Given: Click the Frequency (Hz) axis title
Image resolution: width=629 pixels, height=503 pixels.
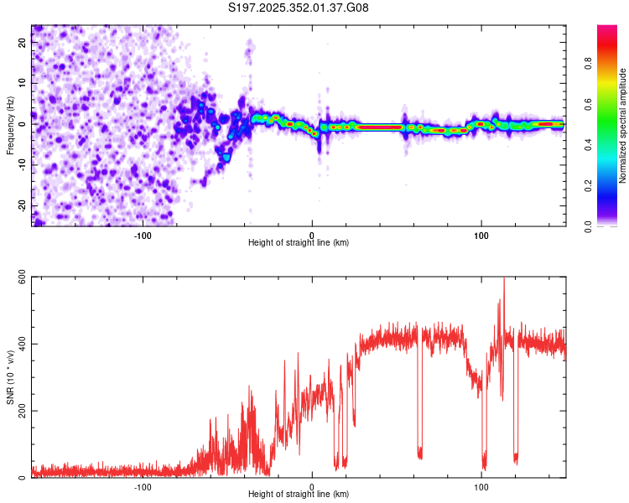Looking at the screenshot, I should tap(9, 125).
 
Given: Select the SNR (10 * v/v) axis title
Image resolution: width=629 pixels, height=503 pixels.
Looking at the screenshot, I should tap(9, 378).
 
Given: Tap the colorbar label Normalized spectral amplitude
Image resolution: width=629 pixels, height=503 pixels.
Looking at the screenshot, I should tap(622, 127).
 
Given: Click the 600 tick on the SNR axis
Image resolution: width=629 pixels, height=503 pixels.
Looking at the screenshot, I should tap(18, 277).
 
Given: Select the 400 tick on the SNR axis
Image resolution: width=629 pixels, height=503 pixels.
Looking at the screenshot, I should tap(18, 345).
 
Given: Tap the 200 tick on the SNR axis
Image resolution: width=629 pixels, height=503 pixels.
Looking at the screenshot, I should tap(18, 411).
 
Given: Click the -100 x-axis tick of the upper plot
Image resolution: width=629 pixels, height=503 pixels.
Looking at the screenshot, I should tap(143, 235).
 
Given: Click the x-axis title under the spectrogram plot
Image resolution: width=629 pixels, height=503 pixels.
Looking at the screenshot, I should tap(299, 243).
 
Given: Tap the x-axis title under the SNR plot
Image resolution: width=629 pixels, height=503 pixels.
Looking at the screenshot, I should tap(299, 495).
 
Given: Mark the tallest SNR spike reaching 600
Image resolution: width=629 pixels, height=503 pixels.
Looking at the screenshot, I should tap(503, 280).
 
